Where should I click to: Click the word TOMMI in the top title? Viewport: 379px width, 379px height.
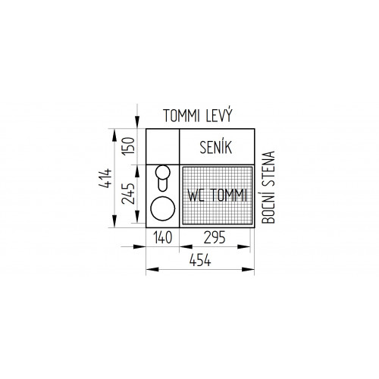(181, 116)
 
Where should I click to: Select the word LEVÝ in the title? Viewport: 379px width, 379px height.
(219, 115)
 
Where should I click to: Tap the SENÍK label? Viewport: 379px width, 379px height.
(215, 147)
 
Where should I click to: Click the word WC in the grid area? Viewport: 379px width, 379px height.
(196, 195)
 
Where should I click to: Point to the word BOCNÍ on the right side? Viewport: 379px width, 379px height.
(268, 205)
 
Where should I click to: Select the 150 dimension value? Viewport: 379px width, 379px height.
(128, 146)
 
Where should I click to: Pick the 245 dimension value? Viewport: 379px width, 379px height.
(128, 193)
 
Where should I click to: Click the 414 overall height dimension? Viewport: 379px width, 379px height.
(105, 178)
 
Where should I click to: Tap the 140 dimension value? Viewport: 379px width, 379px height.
(163, 237)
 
